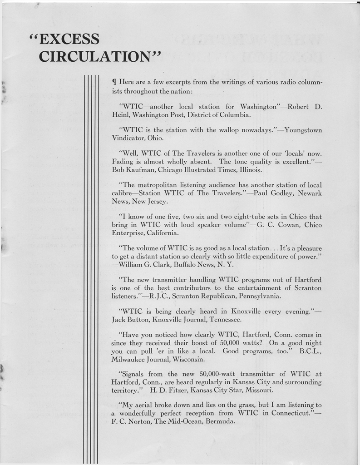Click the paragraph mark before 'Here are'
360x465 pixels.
pos(114,82)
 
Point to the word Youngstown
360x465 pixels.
pos(303,130)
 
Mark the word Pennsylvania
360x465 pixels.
pos(258,296)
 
